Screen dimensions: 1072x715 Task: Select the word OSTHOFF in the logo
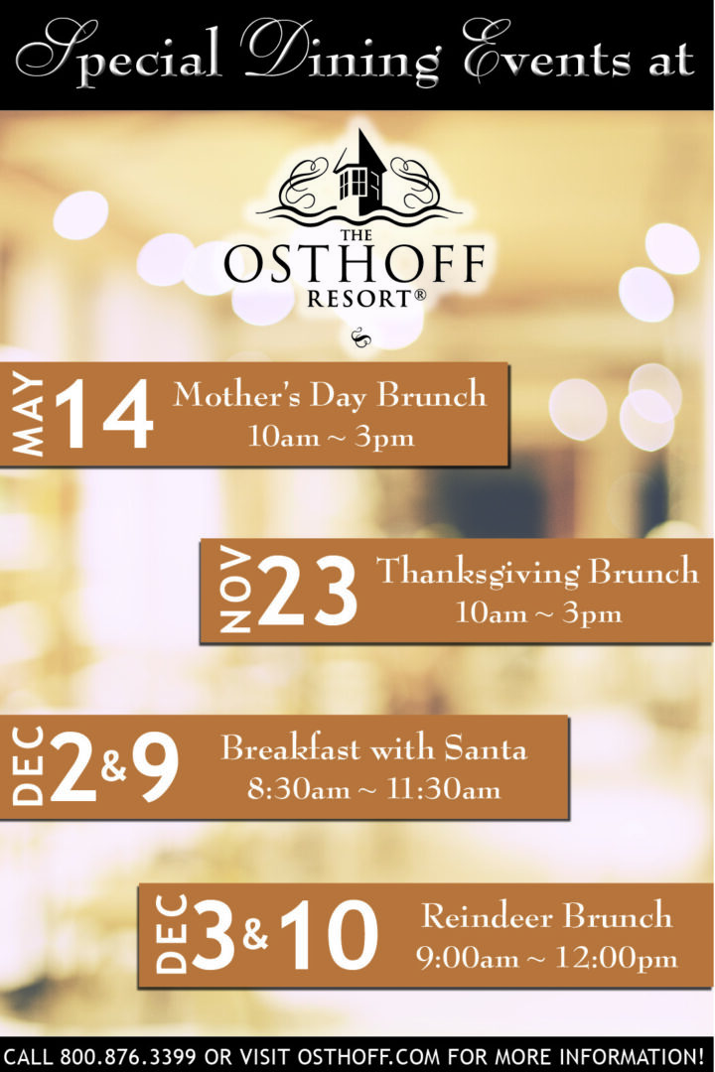click(355, 264)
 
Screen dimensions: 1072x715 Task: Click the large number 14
click(105, 415)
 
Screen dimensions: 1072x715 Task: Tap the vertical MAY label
click(30, 415)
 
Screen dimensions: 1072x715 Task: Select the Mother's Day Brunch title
click(330, 395)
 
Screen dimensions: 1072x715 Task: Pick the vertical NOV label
click(235, 592)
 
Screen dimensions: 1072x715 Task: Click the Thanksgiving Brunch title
click(537, 573)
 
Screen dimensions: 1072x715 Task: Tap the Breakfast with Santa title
click(373, 748)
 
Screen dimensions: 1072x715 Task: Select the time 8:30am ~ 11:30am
click(373, 790)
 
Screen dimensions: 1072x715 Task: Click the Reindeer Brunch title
click(546, 915)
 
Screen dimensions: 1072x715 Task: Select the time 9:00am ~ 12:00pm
click(546, 958)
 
